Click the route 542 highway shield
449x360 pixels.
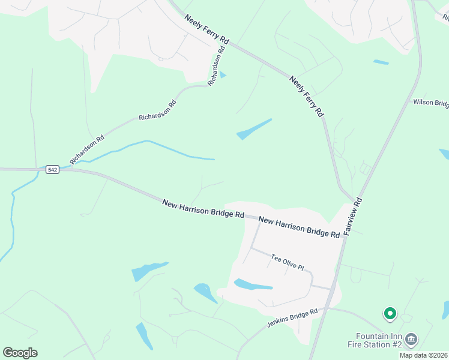click(52, 170)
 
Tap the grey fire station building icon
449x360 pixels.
click(411, 340)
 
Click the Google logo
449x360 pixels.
click(20, 353)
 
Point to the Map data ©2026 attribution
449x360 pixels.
click(423, 355)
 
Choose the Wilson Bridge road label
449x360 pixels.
click(430, 103)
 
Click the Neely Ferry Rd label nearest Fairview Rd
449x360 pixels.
click(306, 96)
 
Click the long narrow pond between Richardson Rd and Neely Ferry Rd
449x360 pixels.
click(254, 129)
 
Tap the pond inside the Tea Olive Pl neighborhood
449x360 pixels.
click(253, 284)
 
